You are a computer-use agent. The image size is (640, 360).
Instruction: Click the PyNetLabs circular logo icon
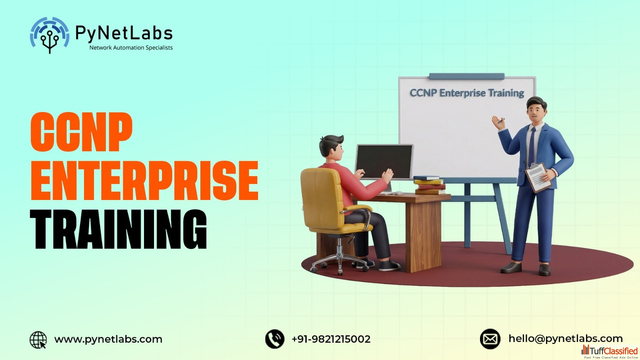[49, 35]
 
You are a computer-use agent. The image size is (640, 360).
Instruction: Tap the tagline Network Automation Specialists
[131, 47]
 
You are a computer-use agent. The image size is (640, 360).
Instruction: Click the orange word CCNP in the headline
[81, 131]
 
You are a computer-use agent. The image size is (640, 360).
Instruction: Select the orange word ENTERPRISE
[144, 180]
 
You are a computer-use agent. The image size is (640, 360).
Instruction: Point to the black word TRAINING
[118, 229]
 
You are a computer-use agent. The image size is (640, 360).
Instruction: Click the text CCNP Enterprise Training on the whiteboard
[467, 93]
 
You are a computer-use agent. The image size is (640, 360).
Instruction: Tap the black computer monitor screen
[384, 161]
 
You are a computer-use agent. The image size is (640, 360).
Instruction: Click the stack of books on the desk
[429, 185]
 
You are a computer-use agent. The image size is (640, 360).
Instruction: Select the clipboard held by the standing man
[538, 177]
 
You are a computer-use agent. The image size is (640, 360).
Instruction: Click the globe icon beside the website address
[38, 339]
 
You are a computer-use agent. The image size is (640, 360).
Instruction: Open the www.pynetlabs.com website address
[108, 339]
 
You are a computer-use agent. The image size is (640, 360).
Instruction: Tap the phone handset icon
[274, 339]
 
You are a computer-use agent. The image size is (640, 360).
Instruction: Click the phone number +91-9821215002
[331, 339]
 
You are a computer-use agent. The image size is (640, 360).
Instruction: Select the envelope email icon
[490, 339]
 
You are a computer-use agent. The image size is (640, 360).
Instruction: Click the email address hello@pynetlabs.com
[565, 339]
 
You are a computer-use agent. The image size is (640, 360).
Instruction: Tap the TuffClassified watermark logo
[609, 351]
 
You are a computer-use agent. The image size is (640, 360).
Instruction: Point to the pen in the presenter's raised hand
[500, 120]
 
